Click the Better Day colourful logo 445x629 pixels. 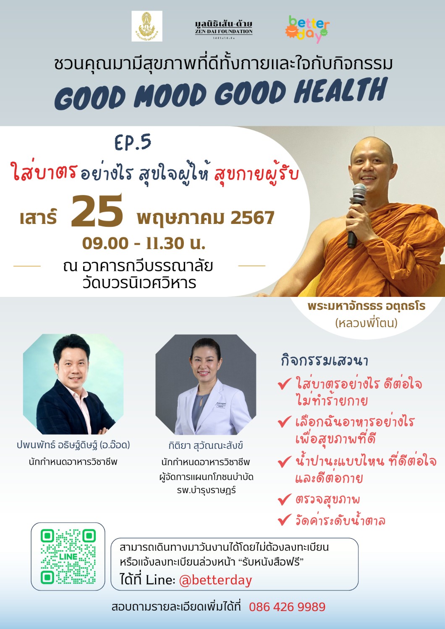307,29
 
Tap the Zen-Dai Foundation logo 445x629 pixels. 224,29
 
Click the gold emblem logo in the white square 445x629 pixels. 147,26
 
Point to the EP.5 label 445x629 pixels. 133,142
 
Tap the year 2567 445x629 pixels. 252,218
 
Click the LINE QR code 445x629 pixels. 68,556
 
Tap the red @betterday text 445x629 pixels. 216,580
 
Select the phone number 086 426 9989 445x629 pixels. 287,607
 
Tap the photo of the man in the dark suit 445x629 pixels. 73,384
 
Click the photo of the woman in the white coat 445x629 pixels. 206,385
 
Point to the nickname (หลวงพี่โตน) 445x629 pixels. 366,323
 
